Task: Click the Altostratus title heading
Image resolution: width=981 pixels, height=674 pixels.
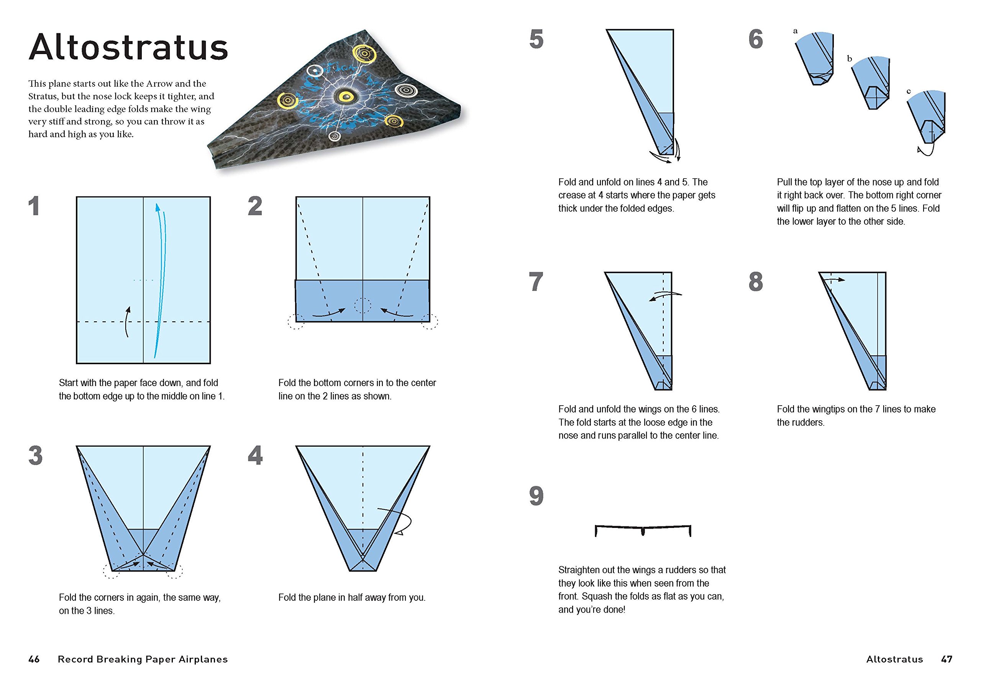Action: tap(128, 47)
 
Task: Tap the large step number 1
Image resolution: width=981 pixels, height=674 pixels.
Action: tap(34, 207)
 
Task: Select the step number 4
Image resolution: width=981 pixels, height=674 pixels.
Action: tap(255, 456)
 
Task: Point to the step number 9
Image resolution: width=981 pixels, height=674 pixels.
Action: tap(536, 496)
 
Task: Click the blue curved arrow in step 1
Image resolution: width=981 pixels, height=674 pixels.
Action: tap(161, 279)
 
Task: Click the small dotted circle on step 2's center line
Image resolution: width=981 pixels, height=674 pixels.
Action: tap(363, 305)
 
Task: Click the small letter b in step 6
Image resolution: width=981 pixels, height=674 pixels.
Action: tap(850, 59)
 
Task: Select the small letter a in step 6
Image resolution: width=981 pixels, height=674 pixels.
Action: tap(795, 31)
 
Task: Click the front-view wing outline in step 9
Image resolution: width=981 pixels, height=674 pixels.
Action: tap(643, 530)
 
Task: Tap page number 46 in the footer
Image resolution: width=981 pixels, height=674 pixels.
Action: tap(34, 659)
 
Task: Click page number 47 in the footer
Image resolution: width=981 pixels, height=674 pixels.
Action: tap(947, 659)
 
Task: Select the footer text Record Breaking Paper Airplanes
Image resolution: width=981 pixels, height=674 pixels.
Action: tap(143, 659)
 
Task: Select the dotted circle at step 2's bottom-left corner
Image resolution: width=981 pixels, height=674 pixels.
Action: tap(295, 322)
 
